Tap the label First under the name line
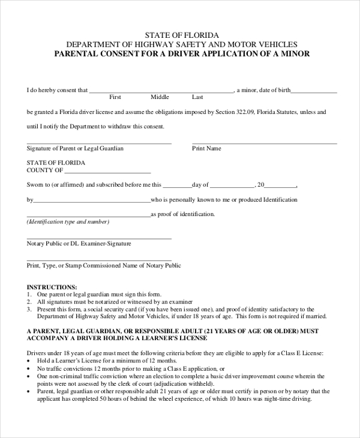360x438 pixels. pos(115,97)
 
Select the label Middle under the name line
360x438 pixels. pos(160,97)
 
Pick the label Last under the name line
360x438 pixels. pos(197,97)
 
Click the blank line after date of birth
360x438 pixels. pos(314,92)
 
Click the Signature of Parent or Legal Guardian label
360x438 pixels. pos(75,148)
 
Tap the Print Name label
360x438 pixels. pos(206,148)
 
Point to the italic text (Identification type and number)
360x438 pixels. pos(68,222)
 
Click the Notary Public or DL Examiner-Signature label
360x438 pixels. pos(79,244)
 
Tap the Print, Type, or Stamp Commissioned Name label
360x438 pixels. pos(104,265)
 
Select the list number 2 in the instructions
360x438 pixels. pos(29,302)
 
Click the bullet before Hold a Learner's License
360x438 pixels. pos(29,361)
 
